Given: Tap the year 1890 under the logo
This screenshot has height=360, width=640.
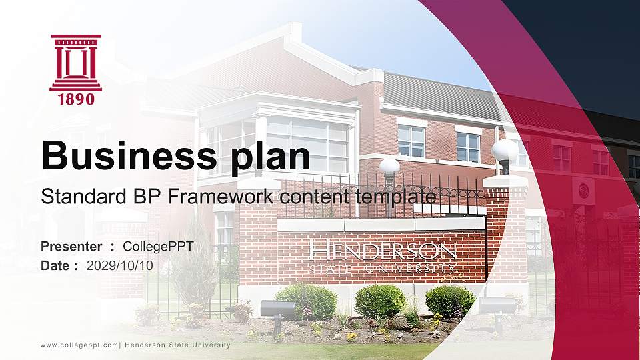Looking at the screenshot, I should coord(76,99).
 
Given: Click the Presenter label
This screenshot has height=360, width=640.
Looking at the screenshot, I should coord(71,247).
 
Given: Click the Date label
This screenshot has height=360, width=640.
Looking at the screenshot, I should coord(56,265).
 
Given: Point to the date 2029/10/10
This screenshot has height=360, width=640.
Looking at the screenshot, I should coord(120,265).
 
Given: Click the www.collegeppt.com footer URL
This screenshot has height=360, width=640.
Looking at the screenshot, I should coord(79,345).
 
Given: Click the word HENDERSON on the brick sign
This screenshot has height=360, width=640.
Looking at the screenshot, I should coord(384,252).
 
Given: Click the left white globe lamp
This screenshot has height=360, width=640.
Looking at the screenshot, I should coord(389,167).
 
